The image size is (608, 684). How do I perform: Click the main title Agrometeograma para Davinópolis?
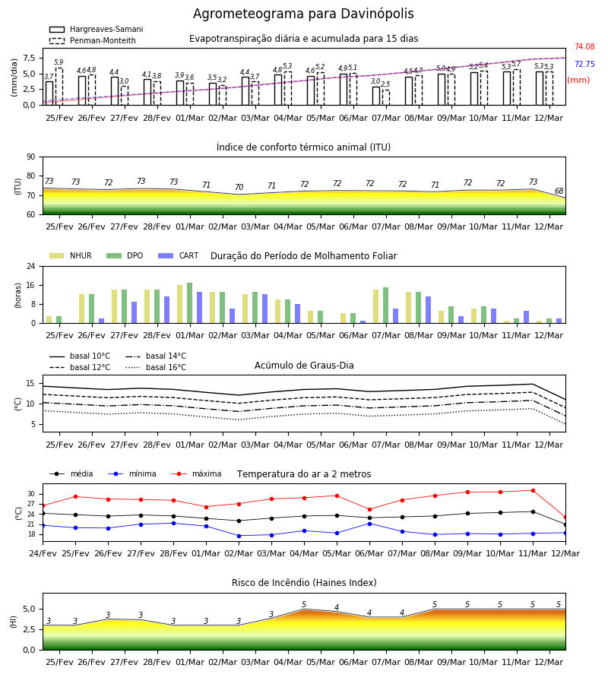(x=303, y=14)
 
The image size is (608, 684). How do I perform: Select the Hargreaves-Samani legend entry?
(x=96, y=29)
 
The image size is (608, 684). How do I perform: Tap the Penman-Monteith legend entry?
(x=93, y=40)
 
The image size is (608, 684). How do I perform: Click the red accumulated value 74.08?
(x=584, y=46)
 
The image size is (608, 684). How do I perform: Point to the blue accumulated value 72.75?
(x=584, y=64)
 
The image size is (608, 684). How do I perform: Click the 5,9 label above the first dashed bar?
(x=59, y=62)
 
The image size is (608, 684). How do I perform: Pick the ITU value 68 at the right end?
(x=559, y=191)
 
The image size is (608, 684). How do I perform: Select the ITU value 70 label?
(x=239, y=187)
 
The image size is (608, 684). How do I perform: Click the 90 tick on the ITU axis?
(x=31, y=157)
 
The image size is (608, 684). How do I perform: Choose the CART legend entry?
(x=178, y=255)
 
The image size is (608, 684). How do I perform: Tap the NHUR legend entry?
(x=70, y=255)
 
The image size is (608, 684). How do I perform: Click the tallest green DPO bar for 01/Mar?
(x=190, y=303)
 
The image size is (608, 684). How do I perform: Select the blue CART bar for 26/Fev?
(x=102, y=321)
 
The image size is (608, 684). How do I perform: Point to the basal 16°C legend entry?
(x=156, y=367)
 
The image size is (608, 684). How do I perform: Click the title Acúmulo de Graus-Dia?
(x=304, y=366)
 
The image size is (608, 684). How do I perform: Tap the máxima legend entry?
(x=196, y=473)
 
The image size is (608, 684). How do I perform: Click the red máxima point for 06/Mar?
(x=370, y=509)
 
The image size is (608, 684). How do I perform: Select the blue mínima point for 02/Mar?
(x=239, y=536)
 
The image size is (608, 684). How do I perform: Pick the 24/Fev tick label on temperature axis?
(x=43, y=553)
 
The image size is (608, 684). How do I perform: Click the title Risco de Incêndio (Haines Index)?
(x=304, y=583)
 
